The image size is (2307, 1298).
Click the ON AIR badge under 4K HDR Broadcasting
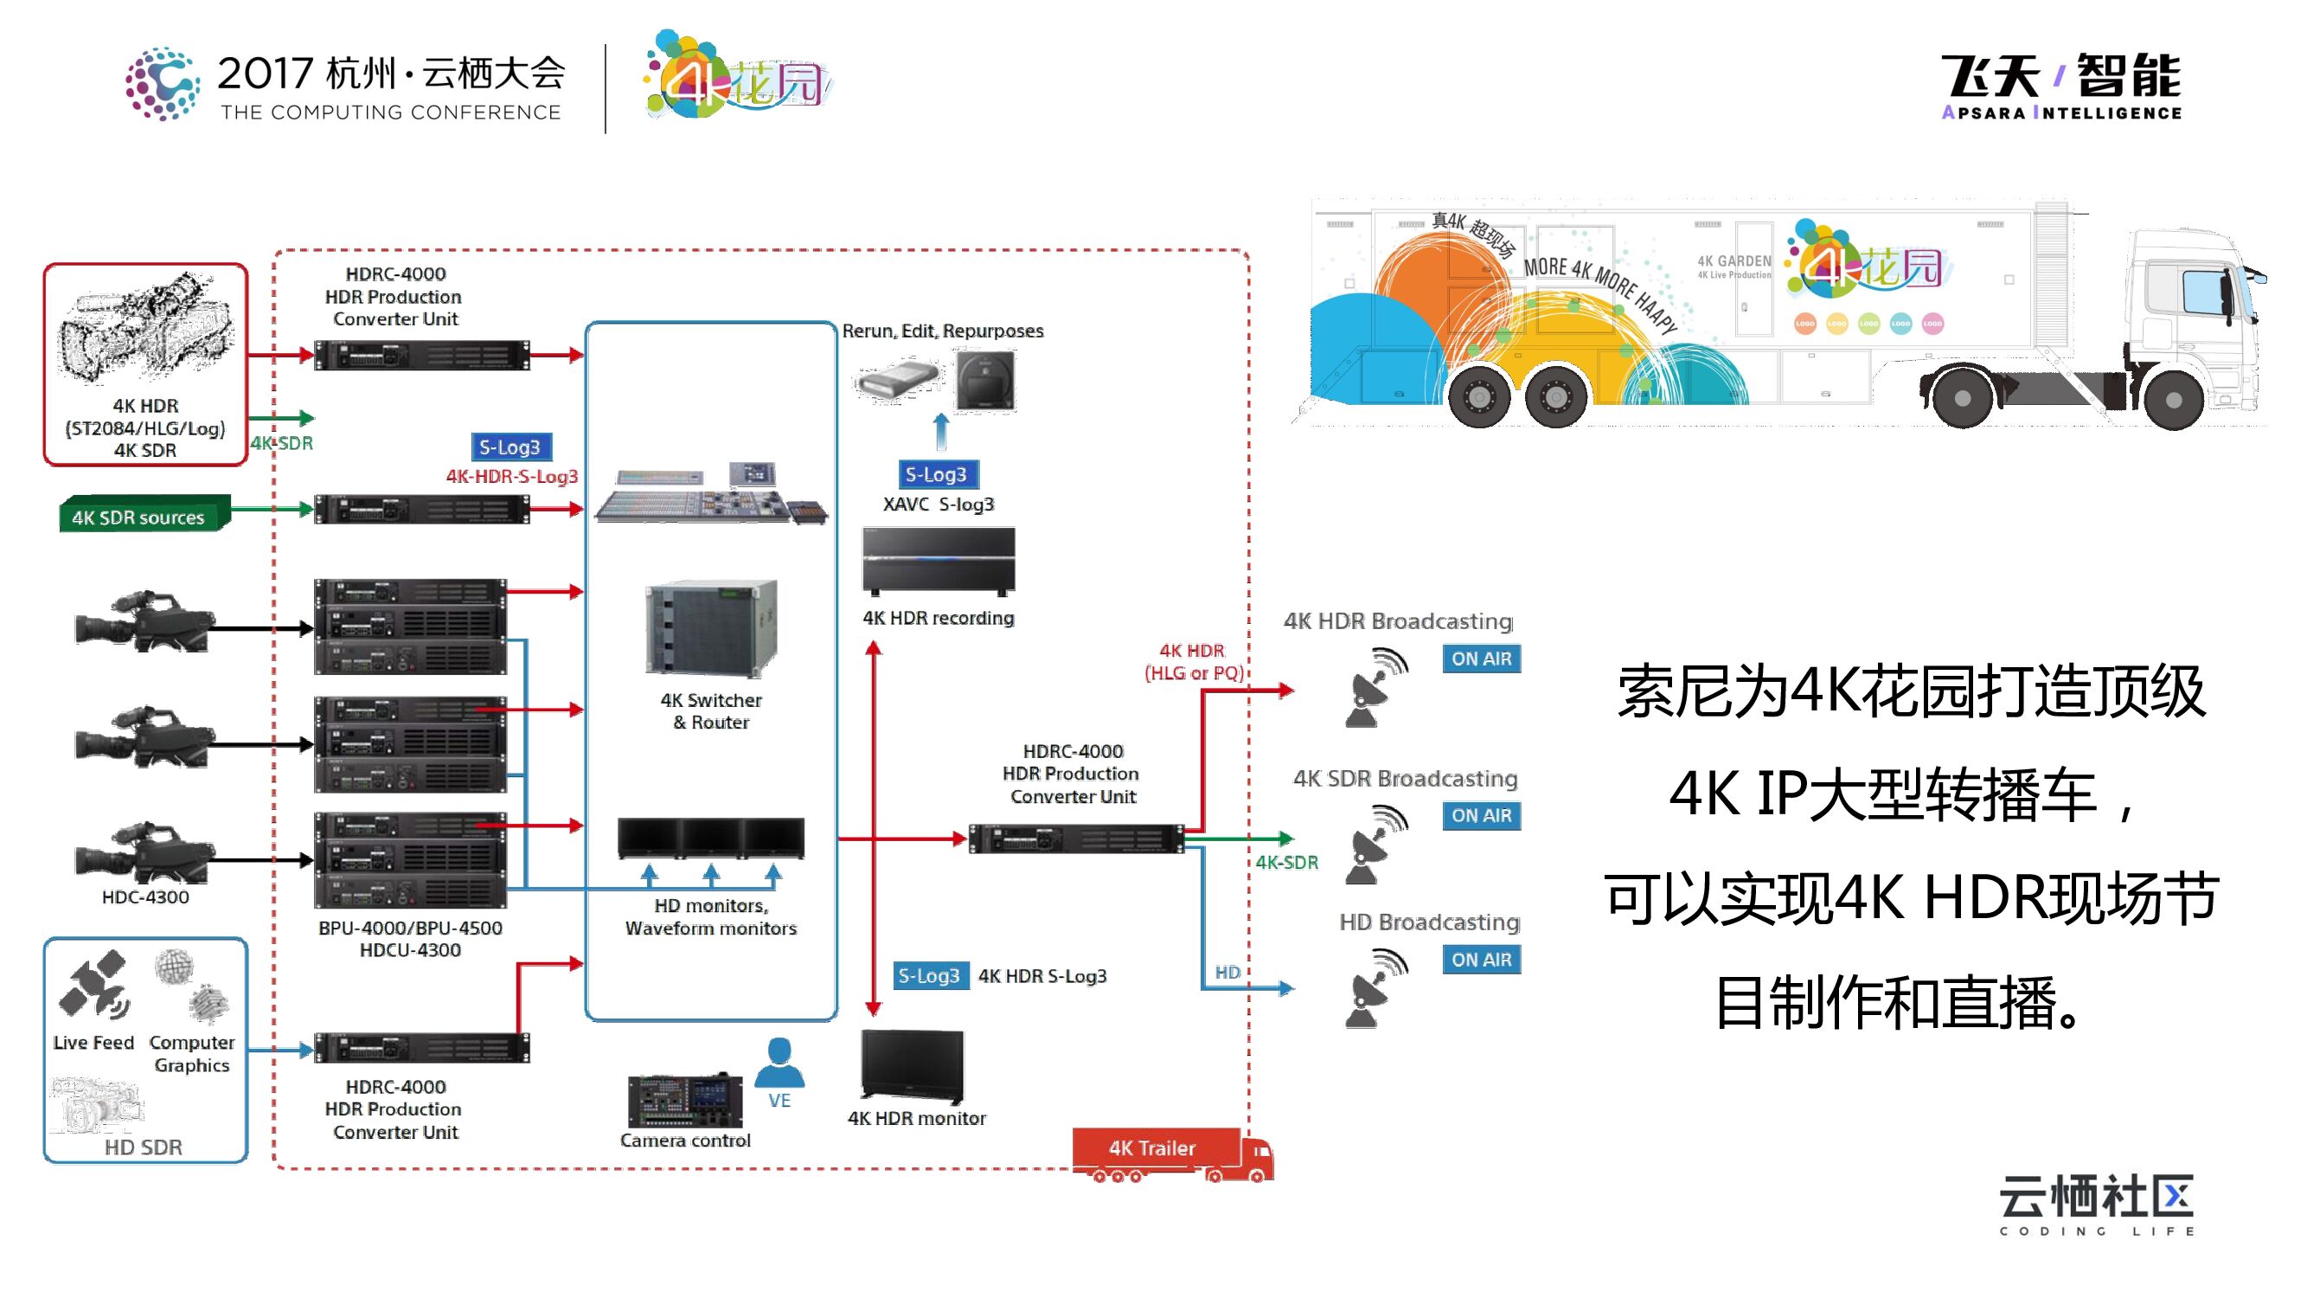[1480, 659]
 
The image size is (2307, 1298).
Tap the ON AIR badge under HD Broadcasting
[1480, 960]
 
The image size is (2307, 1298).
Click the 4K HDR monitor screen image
[912, 1065]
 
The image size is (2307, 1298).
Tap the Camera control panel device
[685, 1101]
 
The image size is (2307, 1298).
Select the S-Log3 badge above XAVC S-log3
[936, 475]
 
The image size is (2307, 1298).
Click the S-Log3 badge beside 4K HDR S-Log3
[929, 975]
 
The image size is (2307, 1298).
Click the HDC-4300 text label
[145, 896]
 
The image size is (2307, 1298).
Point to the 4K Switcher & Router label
[711, 711]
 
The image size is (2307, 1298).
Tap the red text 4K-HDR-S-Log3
[511, 477]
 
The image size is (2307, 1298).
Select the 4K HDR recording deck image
[938, 560]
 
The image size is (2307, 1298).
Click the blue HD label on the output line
[1227, 972]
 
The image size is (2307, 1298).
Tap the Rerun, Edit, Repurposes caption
[942, 331]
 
